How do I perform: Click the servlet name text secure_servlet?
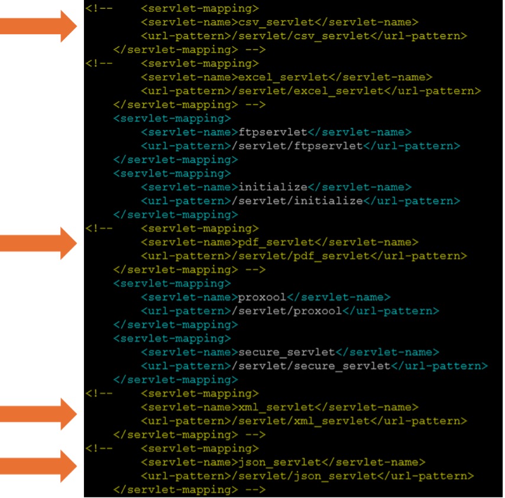click(x=287, y=352)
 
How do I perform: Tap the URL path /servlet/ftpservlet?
click(x=300, y=146)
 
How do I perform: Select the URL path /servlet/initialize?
click(x=300, y=201)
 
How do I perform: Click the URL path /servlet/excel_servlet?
click(x=310, y=91)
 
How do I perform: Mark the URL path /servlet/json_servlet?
click(x=307, y=476)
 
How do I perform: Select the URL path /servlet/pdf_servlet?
click(x=303, y=256)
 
